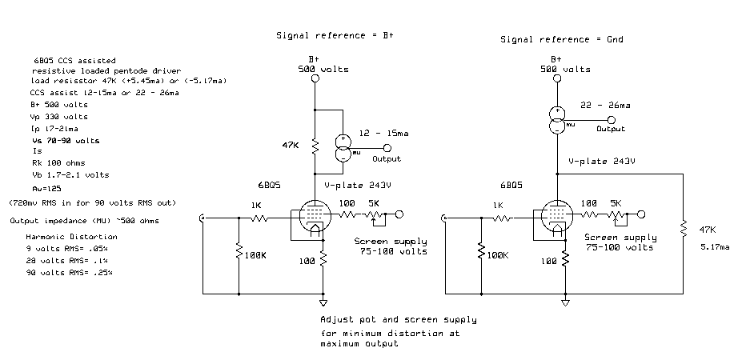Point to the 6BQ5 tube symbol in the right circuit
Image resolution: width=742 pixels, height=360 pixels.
(555, 218)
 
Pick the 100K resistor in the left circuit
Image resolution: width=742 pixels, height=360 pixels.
(239, 254)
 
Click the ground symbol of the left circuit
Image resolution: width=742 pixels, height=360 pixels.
(323, 303)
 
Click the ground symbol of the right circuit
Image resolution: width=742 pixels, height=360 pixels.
(565, 303)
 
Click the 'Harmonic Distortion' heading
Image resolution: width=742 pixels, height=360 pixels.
(71, 237)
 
